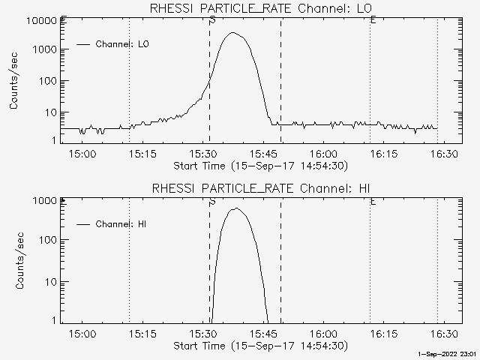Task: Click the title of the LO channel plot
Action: [x=260, y=8]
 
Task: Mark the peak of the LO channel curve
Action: [x=233, y=33]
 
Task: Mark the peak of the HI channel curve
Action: [x=236, y=208]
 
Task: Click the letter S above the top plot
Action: [x=213, y=20]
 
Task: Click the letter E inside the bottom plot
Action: [x=373, y=201]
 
